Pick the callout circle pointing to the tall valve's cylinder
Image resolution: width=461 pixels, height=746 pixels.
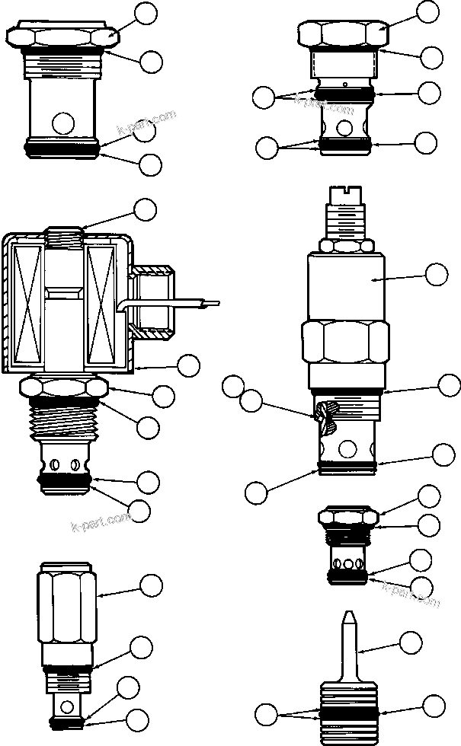coord(436,275)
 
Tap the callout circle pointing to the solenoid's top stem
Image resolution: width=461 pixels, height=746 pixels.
coord(144,209)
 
